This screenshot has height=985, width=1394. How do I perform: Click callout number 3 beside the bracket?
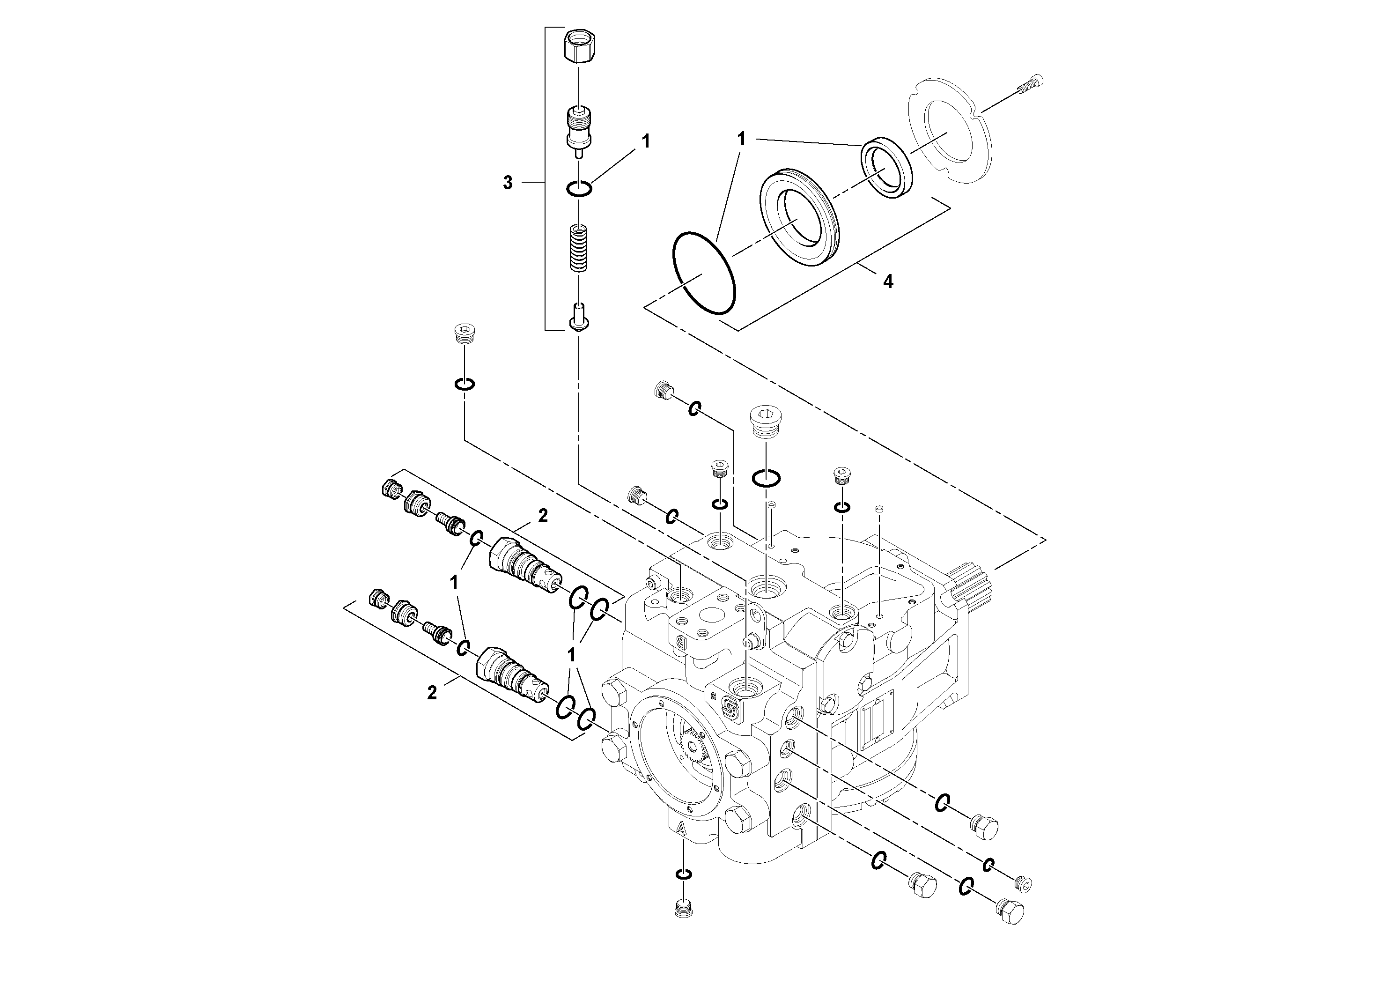tap(508, 182)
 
